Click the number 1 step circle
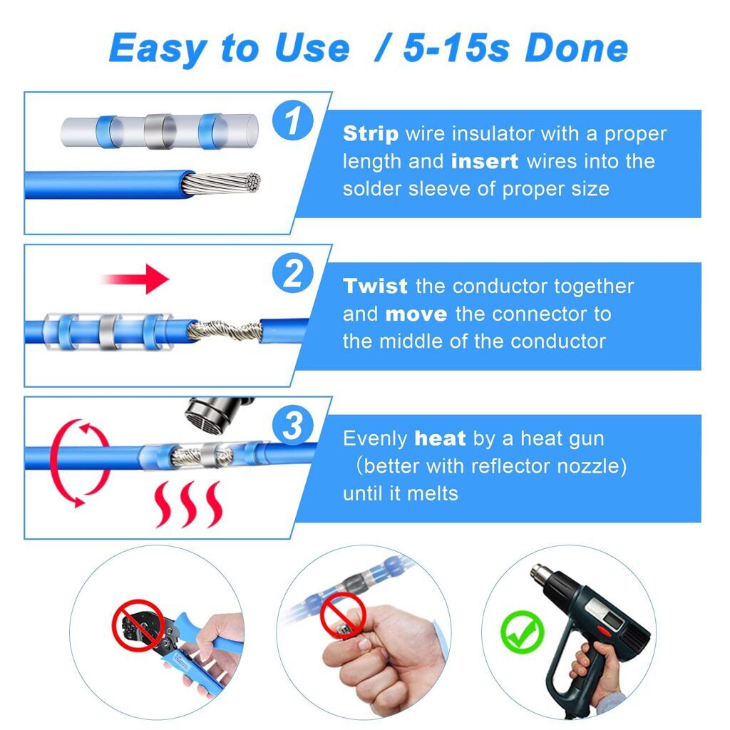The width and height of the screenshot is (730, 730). point(293,122)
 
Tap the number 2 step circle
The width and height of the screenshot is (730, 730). point(293,274)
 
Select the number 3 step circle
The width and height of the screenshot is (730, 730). point(293,427)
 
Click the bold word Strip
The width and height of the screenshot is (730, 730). point(371,134)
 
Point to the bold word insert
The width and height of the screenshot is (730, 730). point(485,162)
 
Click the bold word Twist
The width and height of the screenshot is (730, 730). point(375,287)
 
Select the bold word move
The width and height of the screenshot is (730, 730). point(416,314)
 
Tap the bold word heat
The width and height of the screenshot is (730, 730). point(440,439)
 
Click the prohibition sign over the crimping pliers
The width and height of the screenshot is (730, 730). point(138,625)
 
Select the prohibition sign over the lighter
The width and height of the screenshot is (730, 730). point(342,615)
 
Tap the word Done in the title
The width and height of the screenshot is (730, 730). point(576,48)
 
